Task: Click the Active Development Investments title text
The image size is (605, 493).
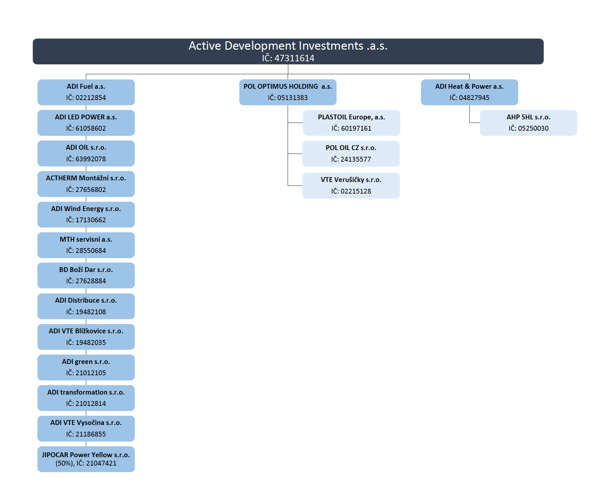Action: click(x=288, y=46)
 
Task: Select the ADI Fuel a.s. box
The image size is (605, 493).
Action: click(x=86, y=92)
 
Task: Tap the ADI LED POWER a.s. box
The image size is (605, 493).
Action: click(x=86, y=123)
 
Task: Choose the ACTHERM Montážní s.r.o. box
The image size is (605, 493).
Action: click(x=86, y=184)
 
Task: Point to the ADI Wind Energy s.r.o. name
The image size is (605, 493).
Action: click(x=86, y=209)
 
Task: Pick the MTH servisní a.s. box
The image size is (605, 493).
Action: click(x=86, y=245)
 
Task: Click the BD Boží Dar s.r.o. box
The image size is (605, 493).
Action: click(x=86, y=276)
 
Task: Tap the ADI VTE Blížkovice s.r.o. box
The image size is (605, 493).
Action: click(x=86, y=337)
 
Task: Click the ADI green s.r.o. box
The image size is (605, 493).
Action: click(x=86, y=367)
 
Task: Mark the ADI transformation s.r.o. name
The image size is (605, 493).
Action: click(x=86, y=392)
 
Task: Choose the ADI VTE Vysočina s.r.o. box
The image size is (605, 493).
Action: click(x=86, y=428)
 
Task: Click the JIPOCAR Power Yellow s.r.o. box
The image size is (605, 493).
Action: click(x=86, y=459)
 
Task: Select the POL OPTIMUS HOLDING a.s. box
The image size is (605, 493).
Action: click(x=288, y=92)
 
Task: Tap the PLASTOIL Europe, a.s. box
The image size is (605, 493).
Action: click(x=351, y=123)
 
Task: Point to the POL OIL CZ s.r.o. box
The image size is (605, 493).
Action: click(x=351, y=154)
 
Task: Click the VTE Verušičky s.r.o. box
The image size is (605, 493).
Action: click(x=351, y=186)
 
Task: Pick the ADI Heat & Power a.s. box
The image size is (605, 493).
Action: click(x=469, y=92)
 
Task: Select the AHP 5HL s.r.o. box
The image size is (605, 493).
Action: click(x=528, y=123)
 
